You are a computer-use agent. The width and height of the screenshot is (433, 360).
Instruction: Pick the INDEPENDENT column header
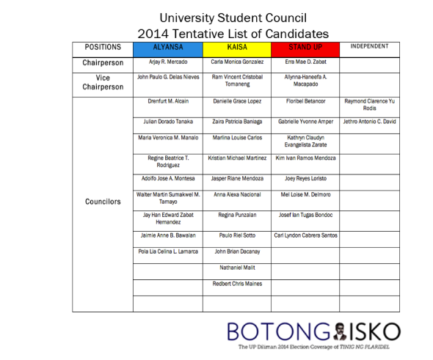click(369, 48)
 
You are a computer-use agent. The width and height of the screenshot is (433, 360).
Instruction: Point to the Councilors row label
click(103, 202)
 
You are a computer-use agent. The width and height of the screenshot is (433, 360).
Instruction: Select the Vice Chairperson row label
click(103, 81)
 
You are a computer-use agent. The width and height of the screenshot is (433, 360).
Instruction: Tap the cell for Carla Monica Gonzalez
click(237, 63)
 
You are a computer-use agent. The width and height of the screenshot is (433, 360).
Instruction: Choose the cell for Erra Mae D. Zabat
click(305, 63)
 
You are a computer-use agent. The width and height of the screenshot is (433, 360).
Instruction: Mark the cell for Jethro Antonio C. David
click(369, 121)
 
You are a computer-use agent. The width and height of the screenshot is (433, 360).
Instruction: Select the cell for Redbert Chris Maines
click(237, 284)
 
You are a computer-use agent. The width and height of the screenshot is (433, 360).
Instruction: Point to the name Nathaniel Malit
click(237, 268)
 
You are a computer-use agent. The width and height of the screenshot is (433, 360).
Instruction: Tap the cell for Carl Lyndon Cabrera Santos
click(305, 235)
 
